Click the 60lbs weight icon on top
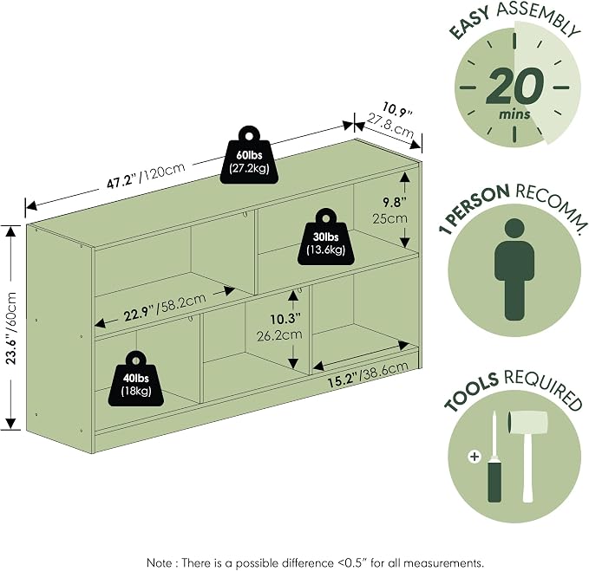coord(250,155)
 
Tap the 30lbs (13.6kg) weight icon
coord(325,237)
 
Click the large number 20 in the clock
coord(515,87)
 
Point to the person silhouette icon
coord(514,269)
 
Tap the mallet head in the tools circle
coord(528,423)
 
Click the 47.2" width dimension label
coord(121,182)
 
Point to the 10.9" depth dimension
coord(397,109)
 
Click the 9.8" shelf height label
coord(395,203)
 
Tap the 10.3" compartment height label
coord(285,319)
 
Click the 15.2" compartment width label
coord(342,380)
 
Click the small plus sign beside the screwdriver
coord(474,457)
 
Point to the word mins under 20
coord(514,114)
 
